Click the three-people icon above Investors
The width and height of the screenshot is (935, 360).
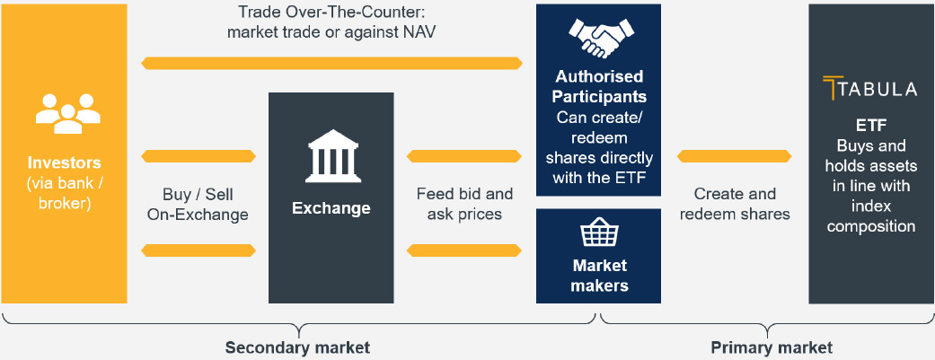pos(68,112)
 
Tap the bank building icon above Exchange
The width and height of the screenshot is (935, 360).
pos(331,158)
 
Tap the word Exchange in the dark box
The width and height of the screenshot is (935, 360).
pos(331,208)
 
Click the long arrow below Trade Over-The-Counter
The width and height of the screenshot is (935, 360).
pos(332,63)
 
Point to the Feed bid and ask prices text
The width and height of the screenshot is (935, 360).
pos(464,204)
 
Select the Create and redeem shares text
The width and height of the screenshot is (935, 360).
pos(735,204)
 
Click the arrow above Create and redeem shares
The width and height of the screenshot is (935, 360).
pos(735,156)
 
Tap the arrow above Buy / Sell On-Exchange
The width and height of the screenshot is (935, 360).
pos(198,156)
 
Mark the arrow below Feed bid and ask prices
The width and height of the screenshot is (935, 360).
pos(464,250)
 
